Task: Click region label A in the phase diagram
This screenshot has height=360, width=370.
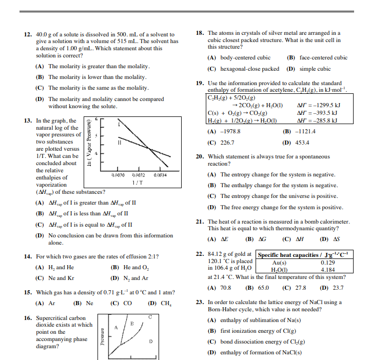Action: [117, 327]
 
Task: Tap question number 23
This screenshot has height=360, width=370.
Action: [201, 303]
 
